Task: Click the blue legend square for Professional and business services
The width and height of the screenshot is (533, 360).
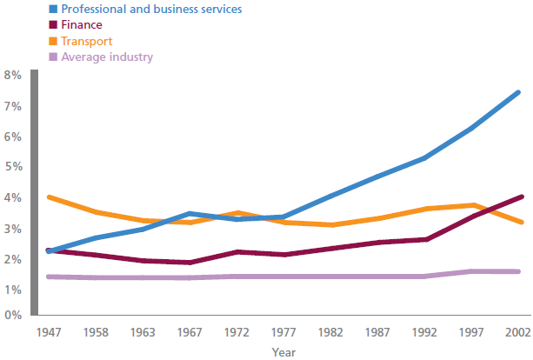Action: [53, 9]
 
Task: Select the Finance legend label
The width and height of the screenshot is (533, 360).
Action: [82, 25]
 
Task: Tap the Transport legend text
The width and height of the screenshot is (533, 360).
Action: [87, 41]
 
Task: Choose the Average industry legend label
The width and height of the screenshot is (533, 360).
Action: [107, 57]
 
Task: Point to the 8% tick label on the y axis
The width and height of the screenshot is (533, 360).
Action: [13, 75]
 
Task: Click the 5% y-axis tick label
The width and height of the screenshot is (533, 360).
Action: [13, 167]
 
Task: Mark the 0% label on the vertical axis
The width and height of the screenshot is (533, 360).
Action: [13, 315]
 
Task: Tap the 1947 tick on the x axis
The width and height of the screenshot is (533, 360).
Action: [49, 332]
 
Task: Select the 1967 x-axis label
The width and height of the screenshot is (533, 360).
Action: [190, 332]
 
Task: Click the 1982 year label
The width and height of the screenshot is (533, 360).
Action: [330, 332]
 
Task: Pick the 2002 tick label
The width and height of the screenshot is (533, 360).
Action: [517, 332]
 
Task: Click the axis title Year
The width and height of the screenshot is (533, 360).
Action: [283, 352]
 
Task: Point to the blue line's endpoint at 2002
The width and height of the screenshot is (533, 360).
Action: [518, 92]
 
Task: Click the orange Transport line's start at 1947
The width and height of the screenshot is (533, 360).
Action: [49, 197]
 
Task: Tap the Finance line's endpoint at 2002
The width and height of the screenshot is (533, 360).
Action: [522, 197]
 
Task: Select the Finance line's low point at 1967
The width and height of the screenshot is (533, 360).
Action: [190, 263]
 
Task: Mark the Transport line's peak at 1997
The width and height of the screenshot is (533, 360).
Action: [473, 205]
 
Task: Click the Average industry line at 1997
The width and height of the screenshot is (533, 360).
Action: [472, 271]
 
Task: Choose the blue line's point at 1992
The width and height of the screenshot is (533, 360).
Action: [425, 157]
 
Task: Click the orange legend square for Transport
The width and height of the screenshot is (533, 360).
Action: [53, 41]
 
